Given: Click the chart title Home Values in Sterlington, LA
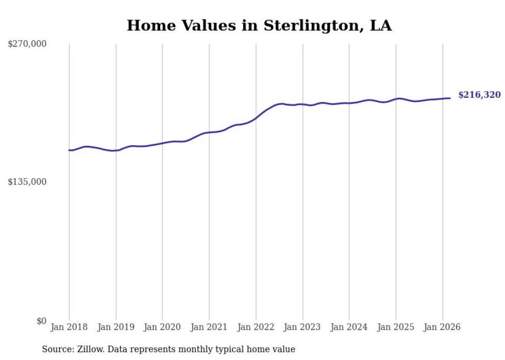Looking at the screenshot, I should point(259,26).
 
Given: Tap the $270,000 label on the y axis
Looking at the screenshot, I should point(27,44).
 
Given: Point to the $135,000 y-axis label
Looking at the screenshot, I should point(27,182).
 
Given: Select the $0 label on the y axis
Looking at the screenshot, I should point(42,321).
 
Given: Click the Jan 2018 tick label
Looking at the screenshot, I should point(69,327).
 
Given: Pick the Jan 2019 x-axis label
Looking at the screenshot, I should point(116,327).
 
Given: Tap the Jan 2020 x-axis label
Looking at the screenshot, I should point(162,327).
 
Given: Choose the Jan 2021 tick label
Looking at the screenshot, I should point(209,327).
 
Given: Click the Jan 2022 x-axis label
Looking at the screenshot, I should point(256,327).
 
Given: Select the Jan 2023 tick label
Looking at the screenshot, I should point(302,327).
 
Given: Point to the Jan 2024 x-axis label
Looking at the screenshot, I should point(349,327).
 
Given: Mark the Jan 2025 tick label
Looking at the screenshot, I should point(396,327).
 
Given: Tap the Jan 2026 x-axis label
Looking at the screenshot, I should point(443,327).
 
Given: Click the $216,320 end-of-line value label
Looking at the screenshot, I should point(479,95).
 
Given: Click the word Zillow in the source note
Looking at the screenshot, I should point(90,349).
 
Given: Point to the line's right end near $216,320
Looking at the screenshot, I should point(450,98).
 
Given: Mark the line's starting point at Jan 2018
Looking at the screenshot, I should point(69,150).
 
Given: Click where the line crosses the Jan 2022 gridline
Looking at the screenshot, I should point(256,118).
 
